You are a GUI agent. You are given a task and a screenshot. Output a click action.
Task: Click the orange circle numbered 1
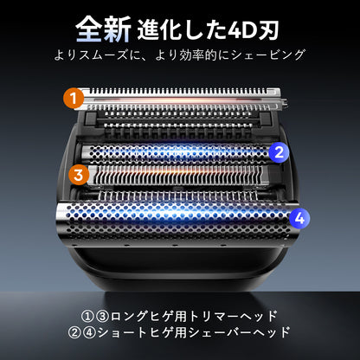[x=75, y=98]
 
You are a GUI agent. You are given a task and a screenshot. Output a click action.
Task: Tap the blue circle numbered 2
[x=277, y=153]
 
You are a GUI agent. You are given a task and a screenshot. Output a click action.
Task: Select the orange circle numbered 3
[x=79, y=174]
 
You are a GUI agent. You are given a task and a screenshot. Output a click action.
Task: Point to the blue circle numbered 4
[x=298, y=218]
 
